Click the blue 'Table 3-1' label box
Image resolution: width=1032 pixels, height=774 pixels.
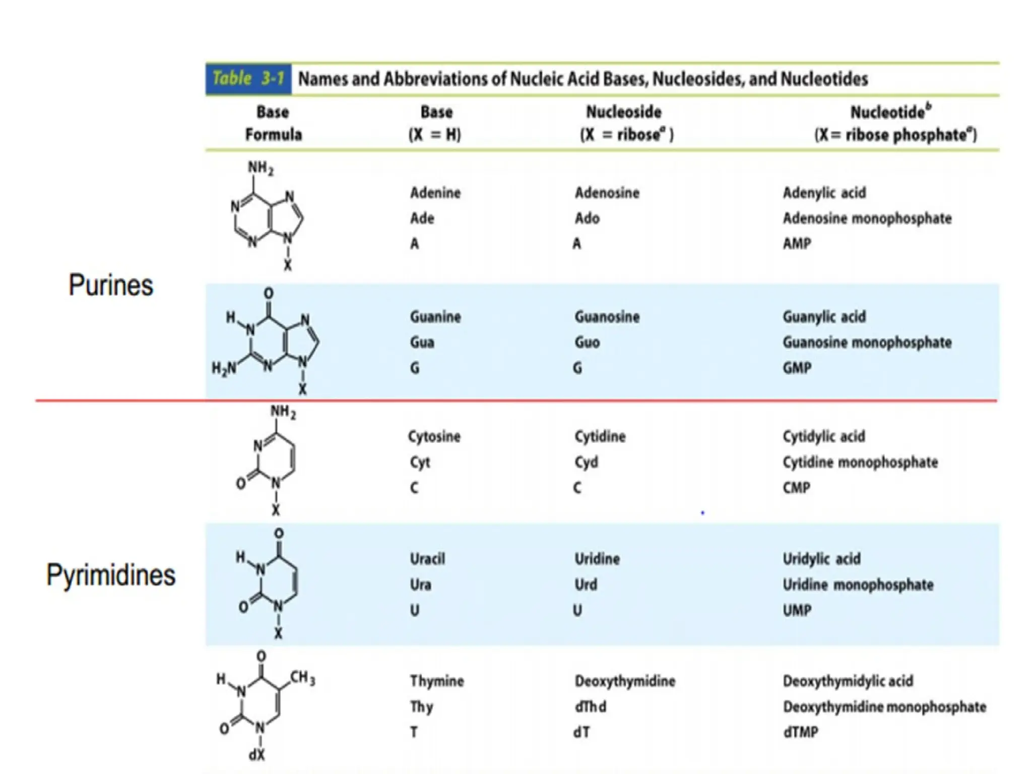248,79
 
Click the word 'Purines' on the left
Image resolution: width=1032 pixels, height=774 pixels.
111,285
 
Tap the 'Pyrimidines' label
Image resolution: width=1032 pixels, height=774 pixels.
111,575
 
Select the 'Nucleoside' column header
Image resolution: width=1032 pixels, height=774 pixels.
624,112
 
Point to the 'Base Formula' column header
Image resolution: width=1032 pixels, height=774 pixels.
273,123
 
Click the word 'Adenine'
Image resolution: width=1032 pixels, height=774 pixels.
435,193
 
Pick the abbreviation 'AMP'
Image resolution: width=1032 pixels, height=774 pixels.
797,244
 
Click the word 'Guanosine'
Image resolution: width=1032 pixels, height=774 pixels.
607,317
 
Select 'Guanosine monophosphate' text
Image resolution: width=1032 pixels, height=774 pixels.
867,343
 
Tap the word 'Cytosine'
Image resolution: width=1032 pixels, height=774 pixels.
434,436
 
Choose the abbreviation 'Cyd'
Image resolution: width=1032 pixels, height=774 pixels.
587,462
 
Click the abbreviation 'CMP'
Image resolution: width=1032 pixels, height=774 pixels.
797,488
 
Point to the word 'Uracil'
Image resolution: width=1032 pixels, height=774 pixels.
427,559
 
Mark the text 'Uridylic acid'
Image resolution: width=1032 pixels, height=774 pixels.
821,559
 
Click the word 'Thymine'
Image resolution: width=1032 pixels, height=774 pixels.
437,681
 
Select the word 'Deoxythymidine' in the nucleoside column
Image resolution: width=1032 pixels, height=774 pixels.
625,681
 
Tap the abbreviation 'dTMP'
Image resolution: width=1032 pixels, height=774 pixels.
801,732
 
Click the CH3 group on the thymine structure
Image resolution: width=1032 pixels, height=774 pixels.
302,678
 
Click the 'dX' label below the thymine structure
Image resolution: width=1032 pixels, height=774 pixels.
256,755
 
